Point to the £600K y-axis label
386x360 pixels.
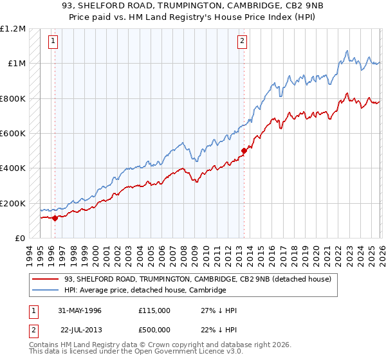13,134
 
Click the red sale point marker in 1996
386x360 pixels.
55,218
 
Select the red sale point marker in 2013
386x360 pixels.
244,151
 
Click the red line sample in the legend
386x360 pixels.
47,279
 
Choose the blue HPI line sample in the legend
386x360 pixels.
47,290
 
